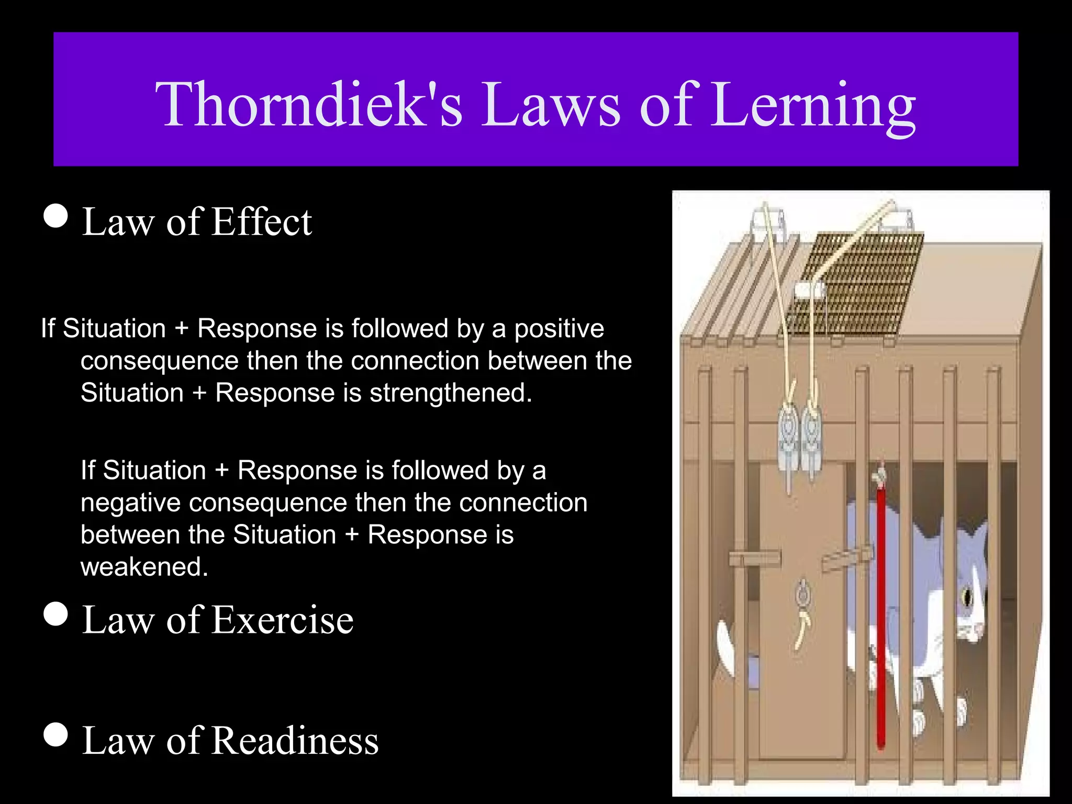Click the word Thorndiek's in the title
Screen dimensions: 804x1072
click(309, 105)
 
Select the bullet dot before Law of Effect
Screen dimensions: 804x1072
click(56, 216)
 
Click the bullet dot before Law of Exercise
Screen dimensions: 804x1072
click(56, 614)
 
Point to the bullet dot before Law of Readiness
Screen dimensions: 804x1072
click(56, 734)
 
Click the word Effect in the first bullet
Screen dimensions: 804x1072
click(262, 222)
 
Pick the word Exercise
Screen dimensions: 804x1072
click(283, 620)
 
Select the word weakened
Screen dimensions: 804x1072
click(144, 567)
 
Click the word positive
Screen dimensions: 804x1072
click(559, 329)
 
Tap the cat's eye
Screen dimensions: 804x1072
click(967, 597)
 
